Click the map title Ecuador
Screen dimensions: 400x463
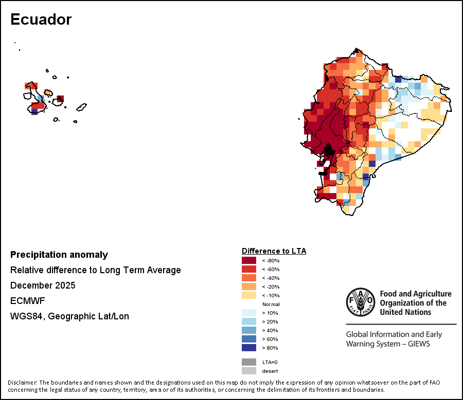41,20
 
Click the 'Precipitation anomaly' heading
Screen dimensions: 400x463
59,255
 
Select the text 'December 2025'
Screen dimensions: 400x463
43,285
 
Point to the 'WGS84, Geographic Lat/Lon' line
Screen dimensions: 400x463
69,316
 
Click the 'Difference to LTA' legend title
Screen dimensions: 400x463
274,251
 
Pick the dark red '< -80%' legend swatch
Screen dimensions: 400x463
249,260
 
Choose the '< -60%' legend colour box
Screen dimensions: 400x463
249,269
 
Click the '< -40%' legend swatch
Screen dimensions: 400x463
249,278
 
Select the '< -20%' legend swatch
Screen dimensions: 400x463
249,287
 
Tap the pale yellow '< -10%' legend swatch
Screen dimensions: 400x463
249,295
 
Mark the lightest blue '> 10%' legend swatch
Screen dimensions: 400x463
249,313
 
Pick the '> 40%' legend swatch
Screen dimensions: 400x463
249,330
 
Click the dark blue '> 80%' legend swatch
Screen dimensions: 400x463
249,348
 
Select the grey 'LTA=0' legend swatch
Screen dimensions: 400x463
249,362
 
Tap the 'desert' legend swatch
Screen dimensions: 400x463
249,371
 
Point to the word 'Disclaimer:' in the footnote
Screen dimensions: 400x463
23,383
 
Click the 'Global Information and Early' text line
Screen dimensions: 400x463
394,335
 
